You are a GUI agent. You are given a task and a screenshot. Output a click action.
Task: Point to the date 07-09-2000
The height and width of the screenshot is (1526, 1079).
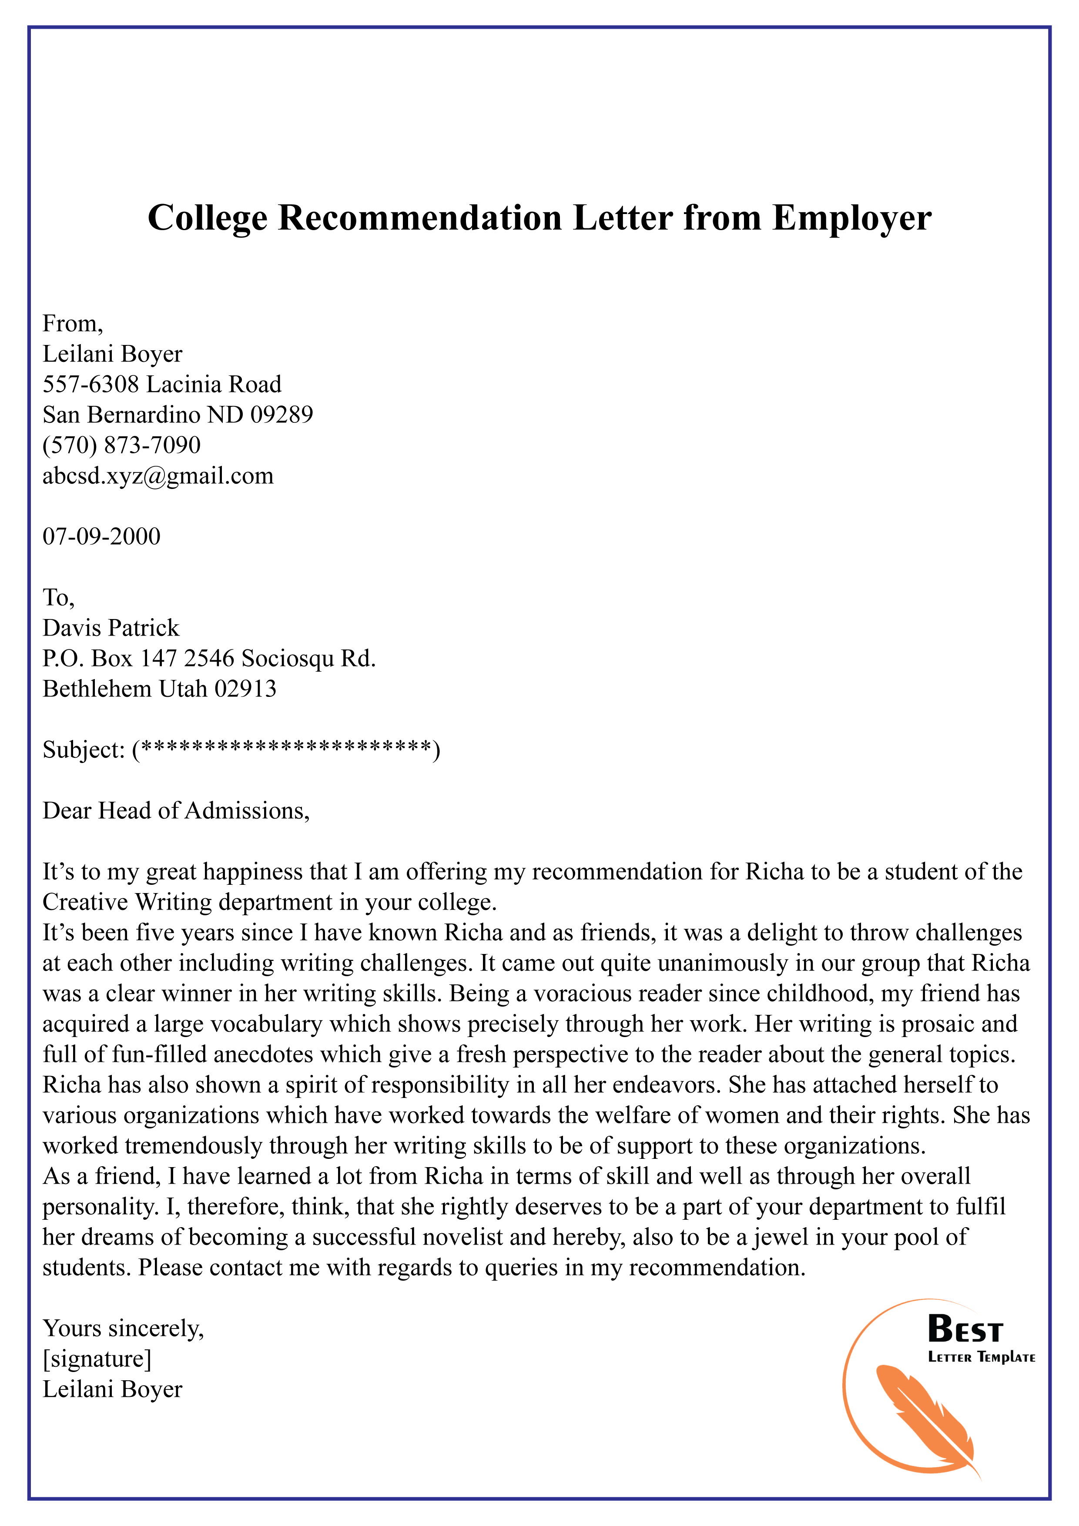[102, 536]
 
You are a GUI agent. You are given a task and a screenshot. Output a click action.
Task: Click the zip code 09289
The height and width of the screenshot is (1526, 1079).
[281, 415]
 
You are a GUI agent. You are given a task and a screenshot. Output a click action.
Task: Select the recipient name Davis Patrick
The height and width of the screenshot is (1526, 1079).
[111, 628]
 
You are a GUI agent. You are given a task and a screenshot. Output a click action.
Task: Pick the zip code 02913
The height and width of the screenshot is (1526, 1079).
[245, 689]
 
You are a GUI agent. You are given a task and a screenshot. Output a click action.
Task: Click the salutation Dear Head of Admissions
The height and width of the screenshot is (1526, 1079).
[176, 811]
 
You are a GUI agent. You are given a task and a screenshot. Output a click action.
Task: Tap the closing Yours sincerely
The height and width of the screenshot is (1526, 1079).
[123, 1329]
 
